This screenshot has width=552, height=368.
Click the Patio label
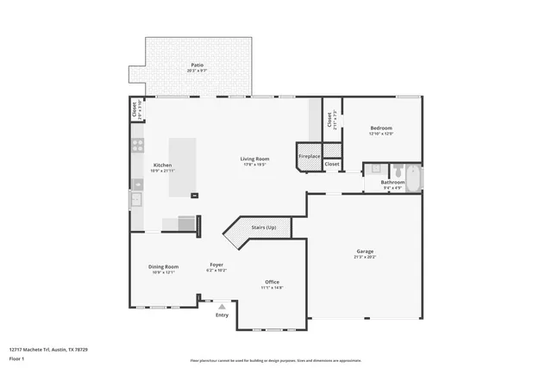coord(198,65)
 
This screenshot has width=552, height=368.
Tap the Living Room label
coord(254,159)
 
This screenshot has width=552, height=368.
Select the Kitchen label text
coord(162,165)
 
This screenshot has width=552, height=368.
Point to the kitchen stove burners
coord(136,147)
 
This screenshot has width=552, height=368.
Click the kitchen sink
coord(136,200)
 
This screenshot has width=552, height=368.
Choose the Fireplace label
coord(309,156)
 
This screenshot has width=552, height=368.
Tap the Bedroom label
coord(381,128)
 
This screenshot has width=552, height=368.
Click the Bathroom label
coord(393,183)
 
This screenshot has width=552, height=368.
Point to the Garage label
coord(365,252)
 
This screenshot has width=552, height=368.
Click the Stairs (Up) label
coord(263,228)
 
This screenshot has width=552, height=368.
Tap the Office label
coord(272,283)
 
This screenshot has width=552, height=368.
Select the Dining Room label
coord(164,267)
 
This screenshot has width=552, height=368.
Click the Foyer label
coord(217,265)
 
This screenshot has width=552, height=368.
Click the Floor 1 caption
coord(17,358)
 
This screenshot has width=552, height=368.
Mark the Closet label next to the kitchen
coord(135,109)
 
